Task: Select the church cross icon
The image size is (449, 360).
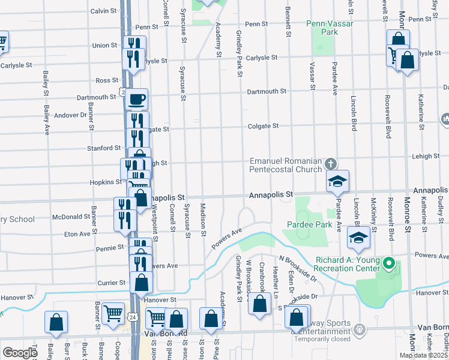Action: coord(330,163)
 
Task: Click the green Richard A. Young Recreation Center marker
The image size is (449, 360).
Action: coord(388,263)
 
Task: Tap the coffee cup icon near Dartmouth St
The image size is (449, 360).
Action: coord(137,98)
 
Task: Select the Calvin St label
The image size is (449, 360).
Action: coord(103,11)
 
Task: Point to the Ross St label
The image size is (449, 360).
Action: coord(107,80)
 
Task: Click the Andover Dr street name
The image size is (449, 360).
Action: coord(70,115)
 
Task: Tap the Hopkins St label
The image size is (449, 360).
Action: coord(106,181)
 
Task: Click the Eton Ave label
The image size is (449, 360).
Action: coord(77,233)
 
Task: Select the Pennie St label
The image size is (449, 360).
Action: coord(110,247)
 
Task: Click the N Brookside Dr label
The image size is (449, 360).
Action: coord(298,268)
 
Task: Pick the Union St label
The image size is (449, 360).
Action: coord(104,45)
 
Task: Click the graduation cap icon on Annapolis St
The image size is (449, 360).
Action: coord(338,181)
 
